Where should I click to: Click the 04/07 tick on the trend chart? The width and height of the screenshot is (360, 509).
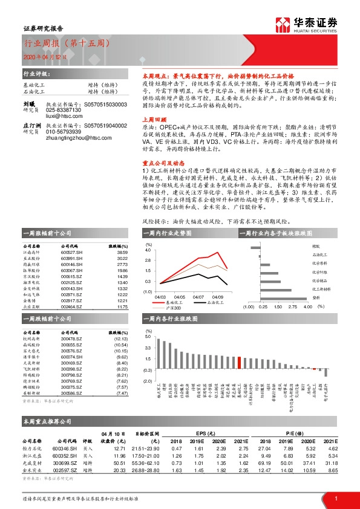(x=198, y=297)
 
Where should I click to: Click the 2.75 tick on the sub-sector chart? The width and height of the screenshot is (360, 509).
(x=292, y=306)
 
